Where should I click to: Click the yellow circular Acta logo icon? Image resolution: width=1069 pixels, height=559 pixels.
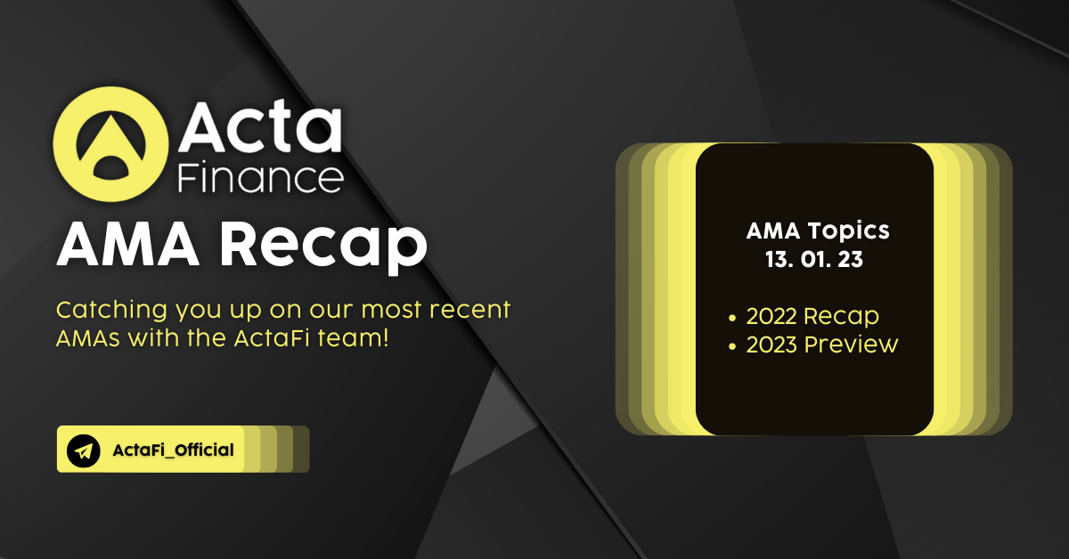tap(110, 144)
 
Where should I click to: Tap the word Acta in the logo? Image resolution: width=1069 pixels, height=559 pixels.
tap(260, 126)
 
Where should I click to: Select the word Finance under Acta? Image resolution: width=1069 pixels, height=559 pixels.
tap(260, 177)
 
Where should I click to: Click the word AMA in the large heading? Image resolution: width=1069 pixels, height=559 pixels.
tap(128, 244)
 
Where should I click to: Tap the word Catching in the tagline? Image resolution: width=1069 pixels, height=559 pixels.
tap(111, 311)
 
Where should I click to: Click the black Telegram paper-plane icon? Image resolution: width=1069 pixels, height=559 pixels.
tap(84, 450)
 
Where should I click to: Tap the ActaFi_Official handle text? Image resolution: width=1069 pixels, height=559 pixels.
tap(173, 450)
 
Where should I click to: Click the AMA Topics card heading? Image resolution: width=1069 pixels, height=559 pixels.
tap(818, 231)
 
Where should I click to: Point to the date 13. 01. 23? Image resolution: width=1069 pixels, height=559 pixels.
tap(814, 260)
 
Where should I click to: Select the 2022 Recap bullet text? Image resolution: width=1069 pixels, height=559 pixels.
tap(812, 316)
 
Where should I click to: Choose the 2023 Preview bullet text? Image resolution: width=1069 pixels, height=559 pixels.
tap(821, 344)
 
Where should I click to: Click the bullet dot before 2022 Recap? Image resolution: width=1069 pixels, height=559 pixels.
tap(732, 318)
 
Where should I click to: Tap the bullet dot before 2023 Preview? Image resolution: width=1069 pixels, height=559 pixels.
tap(732, 347)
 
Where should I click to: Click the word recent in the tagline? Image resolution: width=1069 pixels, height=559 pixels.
tap(470, 310)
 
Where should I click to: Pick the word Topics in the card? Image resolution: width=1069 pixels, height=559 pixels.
tap(848, 231)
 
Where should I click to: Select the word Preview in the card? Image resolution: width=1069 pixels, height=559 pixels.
tap(851, 344)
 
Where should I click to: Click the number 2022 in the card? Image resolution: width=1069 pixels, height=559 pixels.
tap(771, 316)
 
